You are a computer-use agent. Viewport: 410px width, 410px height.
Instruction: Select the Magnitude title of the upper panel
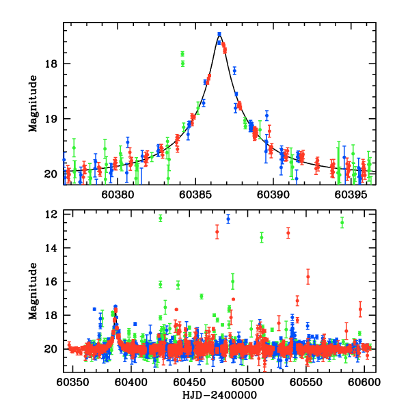click(x=33, y=103)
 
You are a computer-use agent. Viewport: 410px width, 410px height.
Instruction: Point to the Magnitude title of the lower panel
click(x=33, y=292)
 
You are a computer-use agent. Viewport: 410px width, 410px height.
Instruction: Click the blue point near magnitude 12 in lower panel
click(x=228, y=219)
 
